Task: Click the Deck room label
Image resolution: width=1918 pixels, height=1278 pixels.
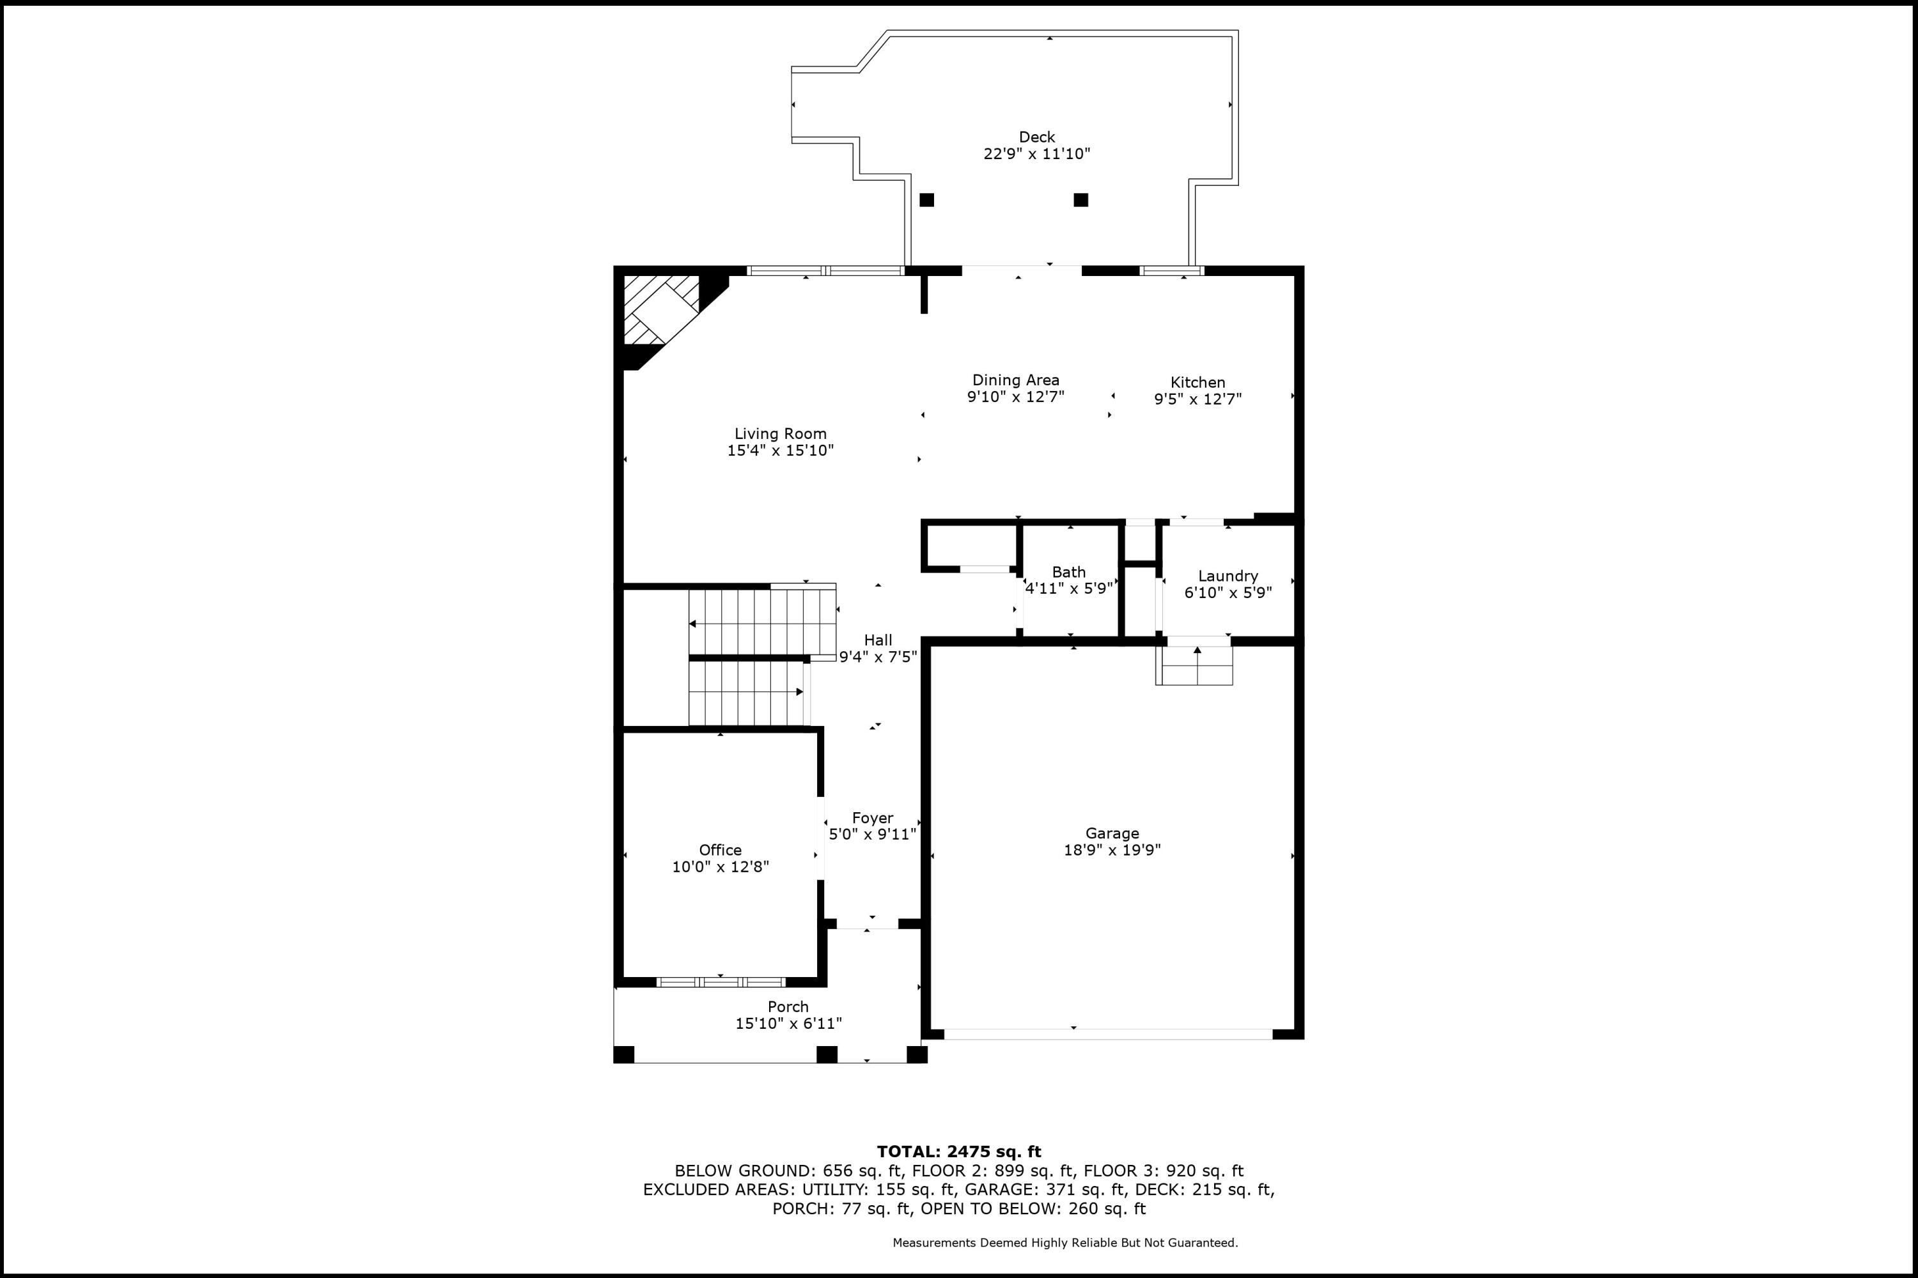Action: point(1036,137)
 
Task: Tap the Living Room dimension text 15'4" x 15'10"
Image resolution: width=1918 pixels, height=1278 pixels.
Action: point(781,450)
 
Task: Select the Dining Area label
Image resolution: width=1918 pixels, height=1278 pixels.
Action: point(1015,380)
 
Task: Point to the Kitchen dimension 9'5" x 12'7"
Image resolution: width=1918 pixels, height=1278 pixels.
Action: point(1197,399)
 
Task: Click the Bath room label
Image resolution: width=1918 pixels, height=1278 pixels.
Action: point(1068,572)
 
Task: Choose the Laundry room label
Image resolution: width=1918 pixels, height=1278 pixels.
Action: point(1228,576)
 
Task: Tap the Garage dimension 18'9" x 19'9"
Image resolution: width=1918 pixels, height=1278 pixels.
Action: point(1112,850)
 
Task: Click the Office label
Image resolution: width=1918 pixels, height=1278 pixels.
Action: point(720,850)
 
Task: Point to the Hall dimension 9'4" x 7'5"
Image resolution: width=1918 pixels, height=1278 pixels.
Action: point(878,657)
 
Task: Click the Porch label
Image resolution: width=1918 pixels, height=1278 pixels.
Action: point(788,1006)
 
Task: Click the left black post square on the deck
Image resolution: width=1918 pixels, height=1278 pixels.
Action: point(926,199)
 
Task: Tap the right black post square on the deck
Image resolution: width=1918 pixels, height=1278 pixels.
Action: point(1080,199)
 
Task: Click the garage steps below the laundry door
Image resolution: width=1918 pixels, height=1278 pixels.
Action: point(1196,666)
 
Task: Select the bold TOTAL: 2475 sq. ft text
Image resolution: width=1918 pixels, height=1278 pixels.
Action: point(958,1151)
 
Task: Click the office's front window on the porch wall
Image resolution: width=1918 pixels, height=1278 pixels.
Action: point(721,982)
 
